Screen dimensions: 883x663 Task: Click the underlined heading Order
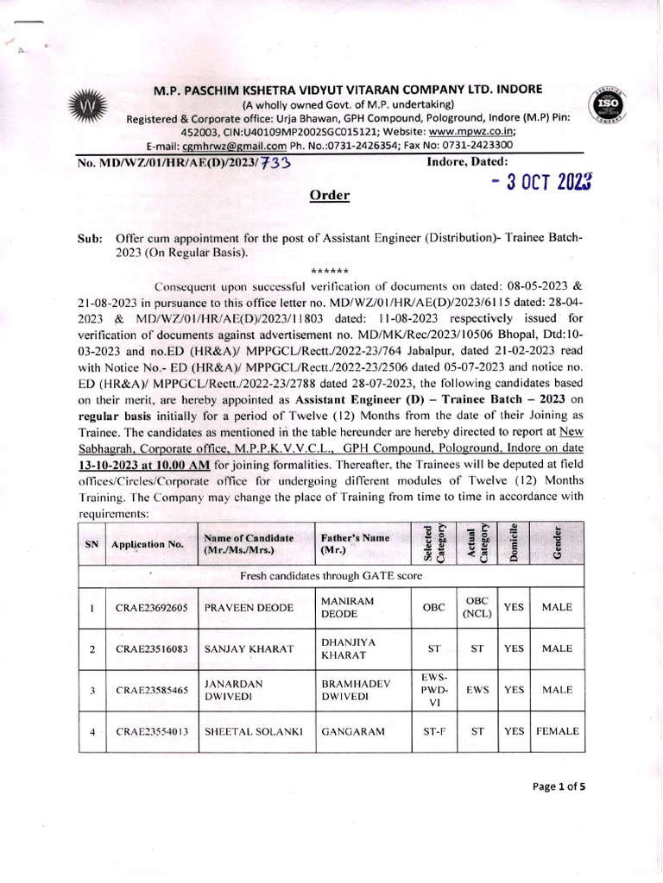(x=330, y=196)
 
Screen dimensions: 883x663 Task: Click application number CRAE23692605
(x=151, y=607)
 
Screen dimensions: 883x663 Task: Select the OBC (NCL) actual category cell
(x=477, y=607)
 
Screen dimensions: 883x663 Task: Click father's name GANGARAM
(x=348, y=731)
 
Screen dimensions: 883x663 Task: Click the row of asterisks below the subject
(x=330, y=270)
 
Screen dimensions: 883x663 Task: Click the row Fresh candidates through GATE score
(x=330, y=575)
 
